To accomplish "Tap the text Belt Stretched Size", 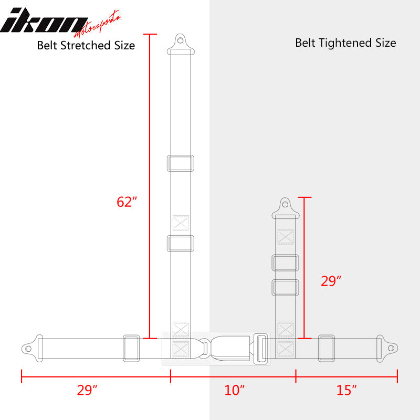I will pos(86,46).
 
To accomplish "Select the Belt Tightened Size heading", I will pos(345,43).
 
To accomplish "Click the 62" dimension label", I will pos(127,202).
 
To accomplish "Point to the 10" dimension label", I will pos(235,391).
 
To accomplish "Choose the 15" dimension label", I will pos(346,391).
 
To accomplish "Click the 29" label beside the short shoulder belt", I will pos(331,281).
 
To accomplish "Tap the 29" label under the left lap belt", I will pos(87,391).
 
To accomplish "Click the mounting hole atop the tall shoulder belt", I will pos(181,39).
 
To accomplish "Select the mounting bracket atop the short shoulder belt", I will pos(285,207).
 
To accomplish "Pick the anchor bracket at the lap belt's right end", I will pos(389,347).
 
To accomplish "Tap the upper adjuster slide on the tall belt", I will pos(180,163).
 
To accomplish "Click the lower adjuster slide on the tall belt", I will pos(180,243).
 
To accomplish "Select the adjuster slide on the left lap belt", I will pos(131,348).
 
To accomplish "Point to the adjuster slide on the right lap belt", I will pos(327,348).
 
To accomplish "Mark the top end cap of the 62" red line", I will pos(150,35).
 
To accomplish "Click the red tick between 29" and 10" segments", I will pos(171,376).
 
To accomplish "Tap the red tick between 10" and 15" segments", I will pos(296,376).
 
